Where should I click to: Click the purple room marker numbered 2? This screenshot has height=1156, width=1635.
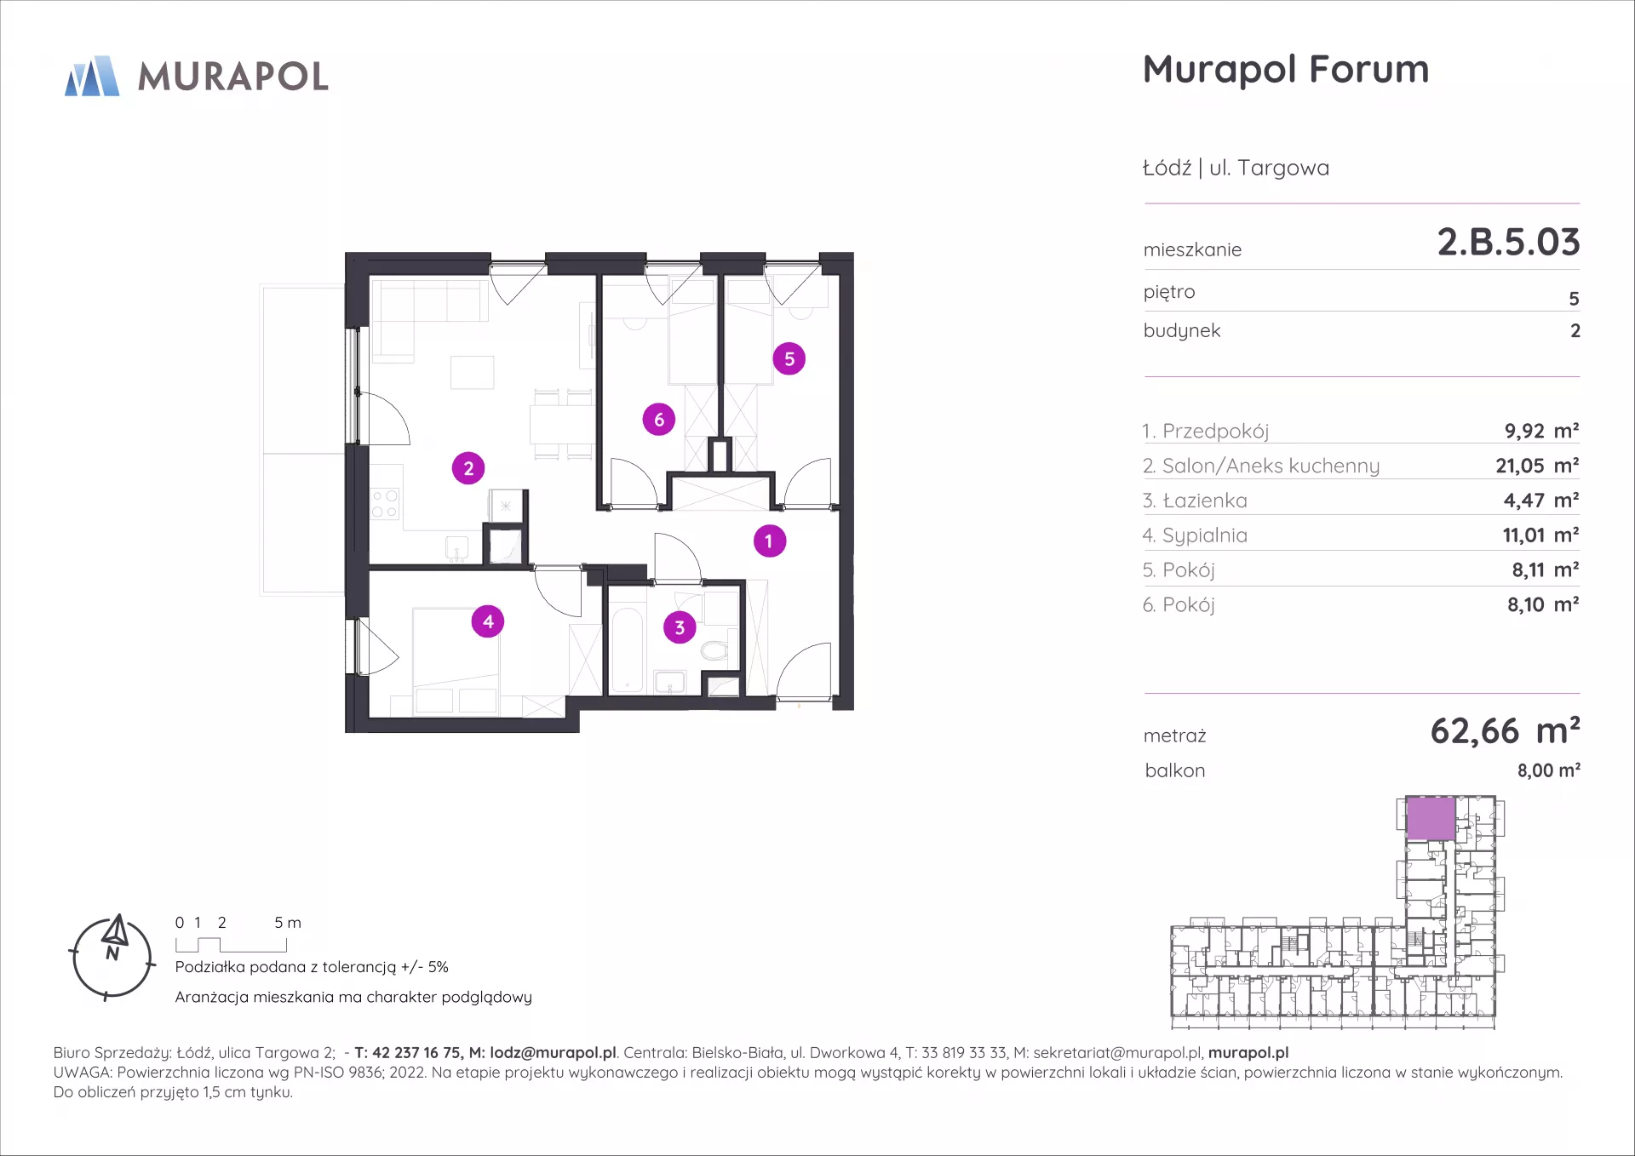(468, 468)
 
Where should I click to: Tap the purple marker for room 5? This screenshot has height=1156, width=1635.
(789, 359)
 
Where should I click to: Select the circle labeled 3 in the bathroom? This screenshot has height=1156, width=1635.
(680, 627)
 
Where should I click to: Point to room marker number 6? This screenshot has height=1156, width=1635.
(659, 419)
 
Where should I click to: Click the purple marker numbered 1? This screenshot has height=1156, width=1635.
(770, 541)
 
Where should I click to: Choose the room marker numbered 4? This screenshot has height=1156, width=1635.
(488, 621)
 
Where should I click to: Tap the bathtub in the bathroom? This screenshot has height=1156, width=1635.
(628, 649)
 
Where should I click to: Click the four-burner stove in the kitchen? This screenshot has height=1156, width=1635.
(385, 504)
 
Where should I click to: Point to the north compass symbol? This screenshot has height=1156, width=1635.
(112, 957)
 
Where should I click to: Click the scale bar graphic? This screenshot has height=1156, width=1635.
(232, 945)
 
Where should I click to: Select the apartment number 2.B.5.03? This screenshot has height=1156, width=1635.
(1508, 243)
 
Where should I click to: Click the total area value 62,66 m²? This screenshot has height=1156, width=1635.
(1505, 731)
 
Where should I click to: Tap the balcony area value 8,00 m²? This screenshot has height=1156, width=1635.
(1548, 770)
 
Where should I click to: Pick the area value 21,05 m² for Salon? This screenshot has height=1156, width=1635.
(1537, 466)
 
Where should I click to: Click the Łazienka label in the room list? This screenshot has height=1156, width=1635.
(1204, 501)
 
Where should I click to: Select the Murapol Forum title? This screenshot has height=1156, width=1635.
(1286, 70)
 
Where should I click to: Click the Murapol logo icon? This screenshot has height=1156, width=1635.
(92, 76)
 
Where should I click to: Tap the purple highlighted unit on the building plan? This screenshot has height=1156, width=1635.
(1431, 819)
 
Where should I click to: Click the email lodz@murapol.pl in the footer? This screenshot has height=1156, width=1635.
(553, 1053)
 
